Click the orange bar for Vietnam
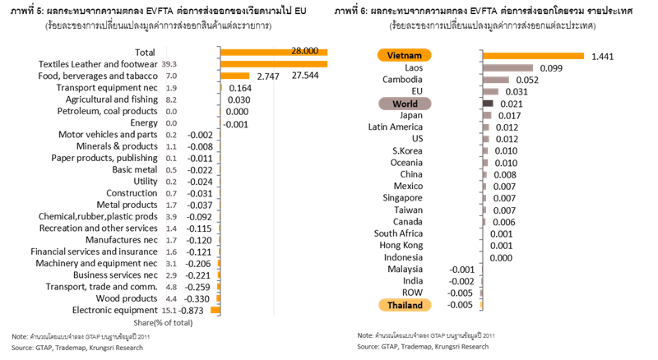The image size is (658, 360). point(533,56)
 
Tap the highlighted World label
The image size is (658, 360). point(405,104)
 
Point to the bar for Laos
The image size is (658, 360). point(507,68)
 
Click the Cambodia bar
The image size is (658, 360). point(495,80)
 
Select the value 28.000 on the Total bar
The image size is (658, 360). point(304,51)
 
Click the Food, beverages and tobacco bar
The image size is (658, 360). point(235,75)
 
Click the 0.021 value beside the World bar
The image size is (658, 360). point(511,104)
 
